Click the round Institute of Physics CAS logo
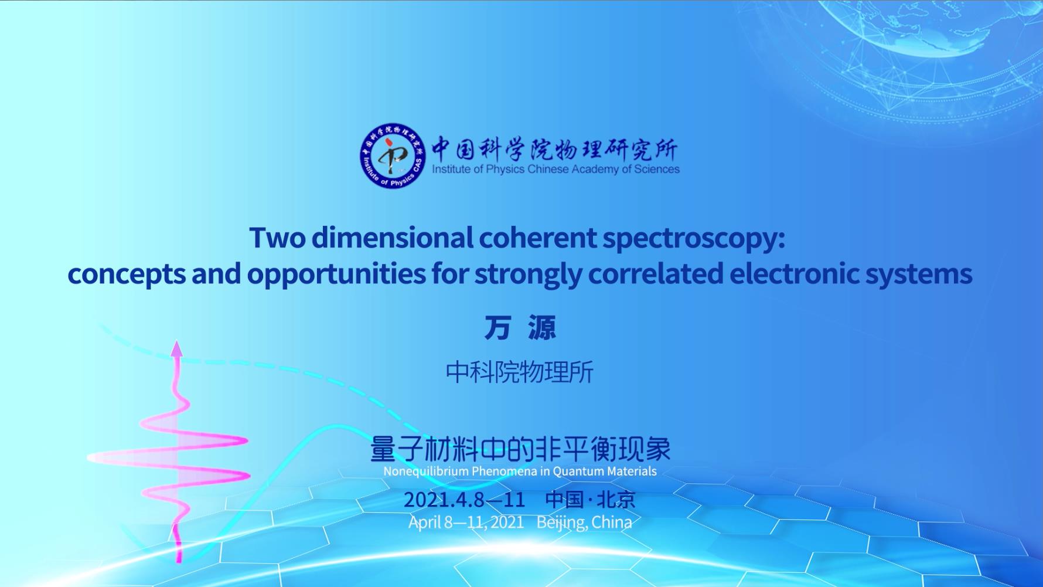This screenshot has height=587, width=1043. pos(393,156)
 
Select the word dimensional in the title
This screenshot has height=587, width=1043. pos(392,237)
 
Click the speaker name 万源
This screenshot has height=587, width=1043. pos(520,328)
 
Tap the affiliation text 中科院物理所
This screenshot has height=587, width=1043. pos(520,372)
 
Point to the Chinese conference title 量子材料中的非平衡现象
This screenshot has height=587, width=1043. pos(520,449)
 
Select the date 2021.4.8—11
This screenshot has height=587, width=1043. pos(464,500)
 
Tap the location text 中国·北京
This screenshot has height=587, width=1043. pos(590,500)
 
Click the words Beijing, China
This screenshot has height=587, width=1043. pos(584,522)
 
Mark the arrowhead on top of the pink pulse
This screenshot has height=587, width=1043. pos(176,348)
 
